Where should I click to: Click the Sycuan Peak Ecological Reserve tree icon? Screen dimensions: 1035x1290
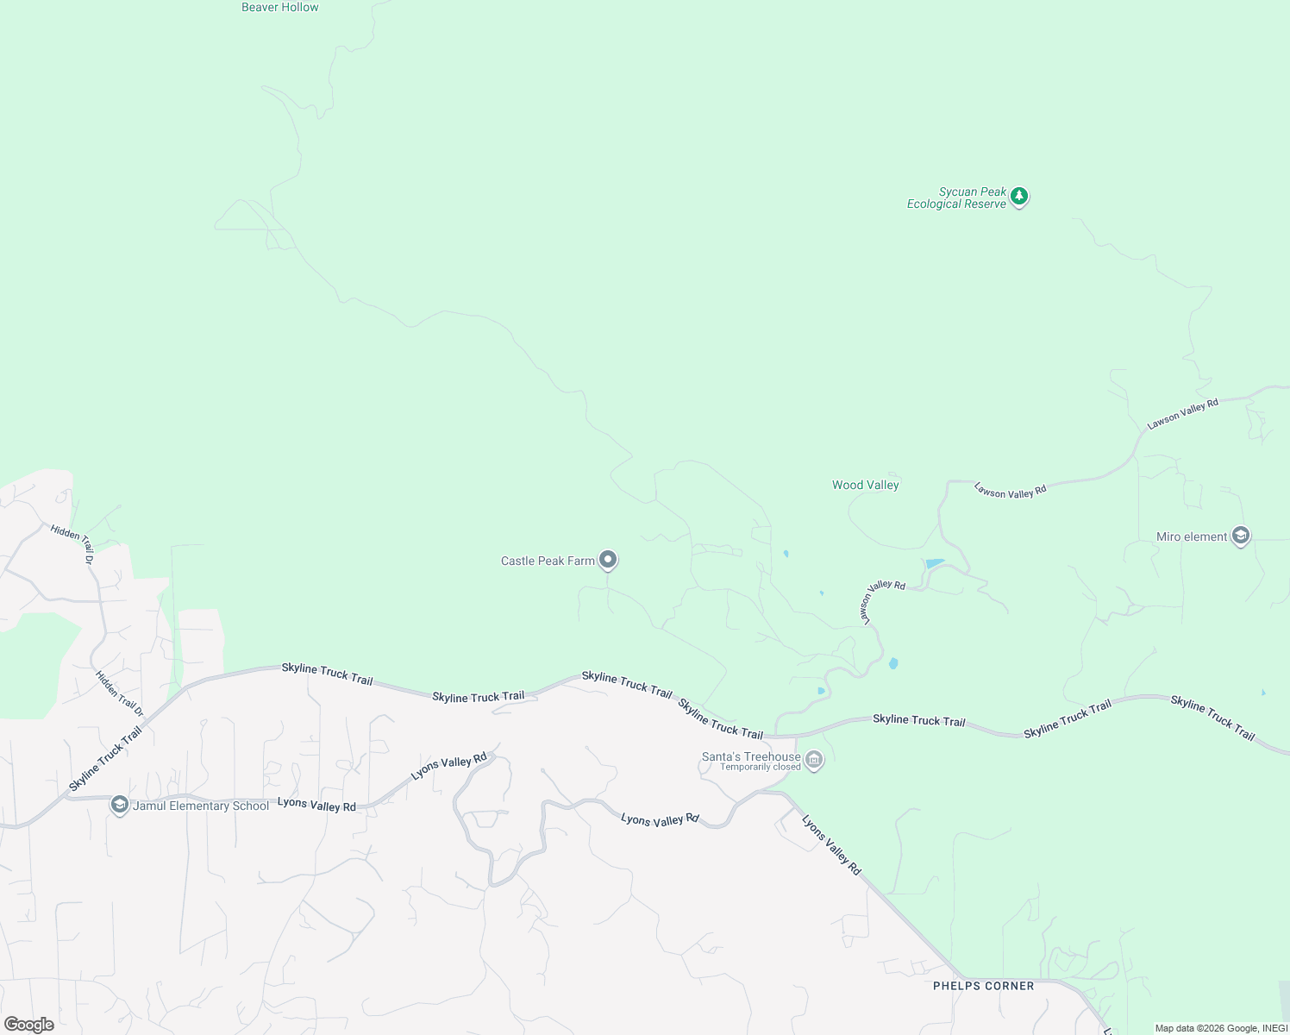click(x=1019, y=197)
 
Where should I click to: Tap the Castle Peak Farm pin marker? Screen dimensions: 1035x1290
click(x=608, y=561)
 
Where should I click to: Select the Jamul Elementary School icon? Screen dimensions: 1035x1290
click(x=120, y=806)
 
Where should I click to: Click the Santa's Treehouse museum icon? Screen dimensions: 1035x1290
click(x=814, y=761)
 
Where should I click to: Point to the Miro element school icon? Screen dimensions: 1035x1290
click(x=1240, y=536)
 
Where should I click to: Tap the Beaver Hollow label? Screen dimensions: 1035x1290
click(x=280, y=7)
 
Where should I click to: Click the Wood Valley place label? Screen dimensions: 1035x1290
click(x=865, y=485)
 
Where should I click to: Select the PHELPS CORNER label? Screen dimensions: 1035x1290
click(x=983, y=986)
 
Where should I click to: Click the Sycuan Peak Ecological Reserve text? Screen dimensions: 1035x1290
click(x=956, y=198)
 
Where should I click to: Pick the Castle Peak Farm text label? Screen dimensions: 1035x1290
click(x=548, y=561)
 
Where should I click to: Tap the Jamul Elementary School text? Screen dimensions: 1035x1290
click(x=201, y=806)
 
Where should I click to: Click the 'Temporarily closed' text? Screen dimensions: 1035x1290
click(x=761, y=767)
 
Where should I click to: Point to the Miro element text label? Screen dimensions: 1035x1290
click(x=1191, y=536)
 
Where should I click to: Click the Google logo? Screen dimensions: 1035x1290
click(x=29, y=1024)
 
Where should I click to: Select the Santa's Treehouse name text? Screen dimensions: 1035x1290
click(x=751, y=756)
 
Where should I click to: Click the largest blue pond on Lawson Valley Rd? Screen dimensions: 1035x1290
click(x=935, y=564)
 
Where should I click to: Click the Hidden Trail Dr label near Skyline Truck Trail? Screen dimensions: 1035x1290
click(x=119, y=694)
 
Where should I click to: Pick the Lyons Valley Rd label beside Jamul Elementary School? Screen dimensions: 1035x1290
click(x=316, y=806)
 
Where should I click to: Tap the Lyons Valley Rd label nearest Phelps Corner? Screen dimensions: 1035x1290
click(x=831, y=845)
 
